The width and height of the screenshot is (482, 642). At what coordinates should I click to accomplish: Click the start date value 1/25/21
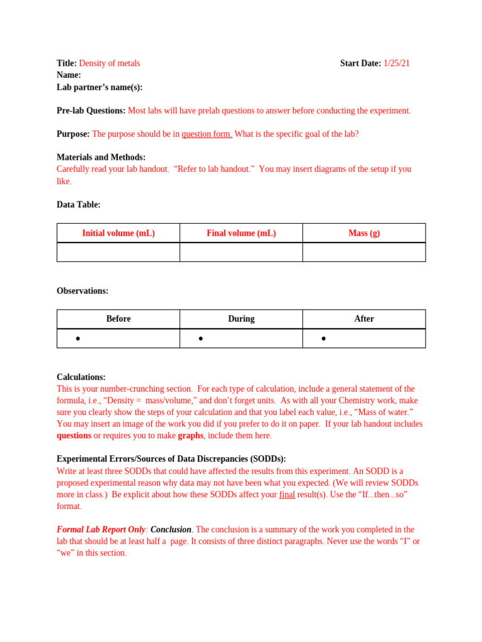397,63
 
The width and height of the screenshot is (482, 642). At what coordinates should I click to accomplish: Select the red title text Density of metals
109,63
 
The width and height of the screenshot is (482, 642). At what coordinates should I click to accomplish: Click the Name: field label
69,75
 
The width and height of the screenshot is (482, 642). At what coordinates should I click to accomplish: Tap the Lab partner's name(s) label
100,87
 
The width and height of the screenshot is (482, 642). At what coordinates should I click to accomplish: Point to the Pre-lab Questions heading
91,111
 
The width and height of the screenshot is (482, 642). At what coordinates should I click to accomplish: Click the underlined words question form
206,134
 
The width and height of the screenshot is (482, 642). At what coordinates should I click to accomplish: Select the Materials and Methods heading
101,157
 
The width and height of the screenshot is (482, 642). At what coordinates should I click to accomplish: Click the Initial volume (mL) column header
118,233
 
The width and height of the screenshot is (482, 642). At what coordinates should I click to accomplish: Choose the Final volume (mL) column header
241,233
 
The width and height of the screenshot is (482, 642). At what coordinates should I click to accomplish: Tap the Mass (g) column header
364,233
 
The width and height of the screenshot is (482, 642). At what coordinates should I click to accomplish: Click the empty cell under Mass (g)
364,252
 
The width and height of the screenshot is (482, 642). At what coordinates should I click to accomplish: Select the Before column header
118,319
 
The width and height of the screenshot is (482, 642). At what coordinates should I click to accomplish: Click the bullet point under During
201,339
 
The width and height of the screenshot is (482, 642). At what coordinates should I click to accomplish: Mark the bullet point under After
324,339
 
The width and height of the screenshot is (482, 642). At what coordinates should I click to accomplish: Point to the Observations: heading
82,291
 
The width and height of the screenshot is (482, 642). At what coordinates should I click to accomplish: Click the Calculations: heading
81,377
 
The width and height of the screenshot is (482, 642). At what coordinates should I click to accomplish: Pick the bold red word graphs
190,436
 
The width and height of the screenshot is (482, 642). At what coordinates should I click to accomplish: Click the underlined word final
287,495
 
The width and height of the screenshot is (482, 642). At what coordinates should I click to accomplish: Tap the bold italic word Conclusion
171,530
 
